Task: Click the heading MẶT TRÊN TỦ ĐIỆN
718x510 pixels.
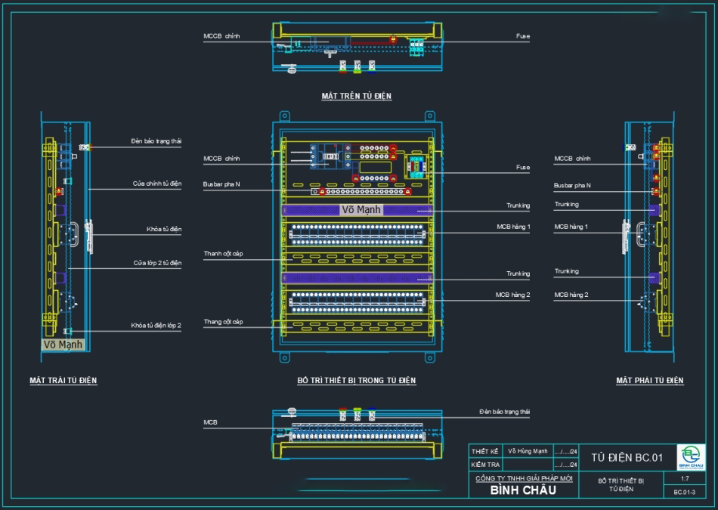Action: coord(356,97)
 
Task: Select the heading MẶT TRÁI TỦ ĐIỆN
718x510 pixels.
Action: coord(63,381)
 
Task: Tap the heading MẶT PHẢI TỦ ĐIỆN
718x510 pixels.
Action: coord(650,381)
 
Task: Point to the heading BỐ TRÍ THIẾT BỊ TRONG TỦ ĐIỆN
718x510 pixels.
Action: coord(356,381)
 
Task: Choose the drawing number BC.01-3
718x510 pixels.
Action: coord(685,492)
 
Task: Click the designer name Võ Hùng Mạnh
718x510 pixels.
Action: coord(528,451)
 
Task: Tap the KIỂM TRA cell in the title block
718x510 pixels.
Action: coord(485,465)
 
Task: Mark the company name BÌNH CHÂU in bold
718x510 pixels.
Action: coord(523,490)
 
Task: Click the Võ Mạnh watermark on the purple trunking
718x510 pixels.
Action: coord(362,209)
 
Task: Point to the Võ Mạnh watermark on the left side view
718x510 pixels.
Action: coord(63,345)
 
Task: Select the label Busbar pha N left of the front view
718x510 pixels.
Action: coord(221,184)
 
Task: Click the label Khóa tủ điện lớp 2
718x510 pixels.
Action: coord(156,325)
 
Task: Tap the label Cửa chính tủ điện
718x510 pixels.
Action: coord(157,184)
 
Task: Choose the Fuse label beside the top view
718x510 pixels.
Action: coord(523,36)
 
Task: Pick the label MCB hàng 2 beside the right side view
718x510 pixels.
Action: coord(571,295)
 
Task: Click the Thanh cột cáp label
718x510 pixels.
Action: coord(223,253)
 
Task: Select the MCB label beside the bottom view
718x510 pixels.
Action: coord(210,422)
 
